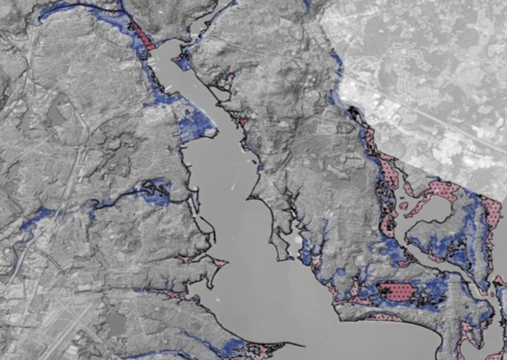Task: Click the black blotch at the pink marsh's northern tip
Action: click(x=356, y=111)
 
